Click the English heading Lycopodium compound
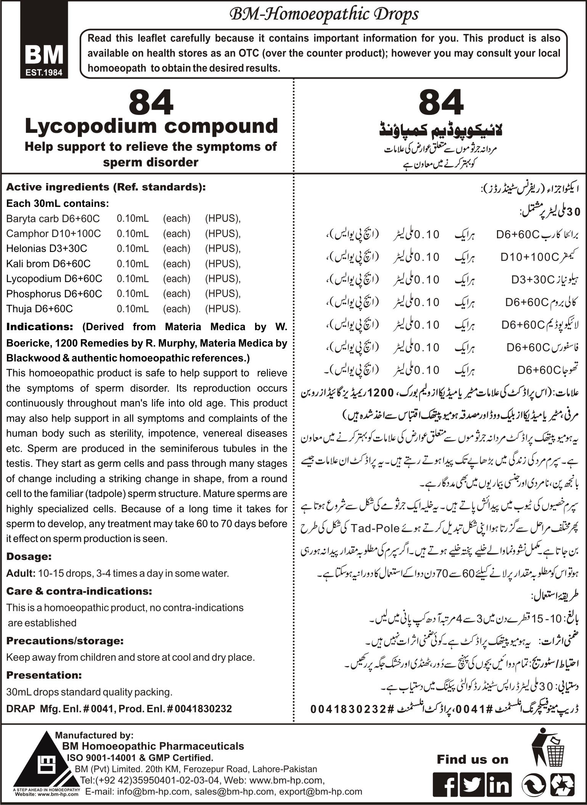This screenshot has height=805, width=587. pyautogui.click(x=151, y=126)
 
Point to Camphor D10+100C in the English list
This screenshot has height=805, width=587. pyautogui.click(x=53, y=234)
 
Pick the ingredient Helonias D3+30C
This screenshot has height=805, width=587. pyautogui.click(x=47, y=248)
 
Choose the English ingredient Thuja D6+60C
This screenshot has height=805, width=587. pyautogui.click(x=39, y=308)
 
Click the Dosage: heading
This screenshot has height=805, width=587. pyautogui.click(x=29, y=557)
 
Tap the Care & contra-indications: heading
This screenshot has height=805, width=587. pyautogui.click(x=79, y=591)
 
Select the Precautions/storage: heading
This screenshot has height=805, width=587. pyautogui.click(x=65, y=641)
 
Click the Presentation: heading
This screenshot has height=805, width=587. pyautogui.click(x=44, y=675)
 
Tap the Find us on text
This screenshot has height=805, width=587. pyautogui.click(x=473, y=759)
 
